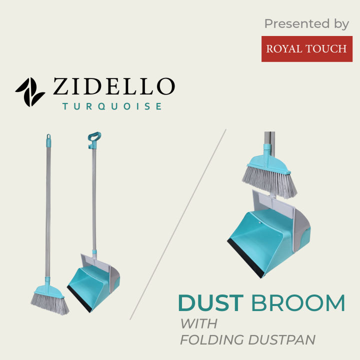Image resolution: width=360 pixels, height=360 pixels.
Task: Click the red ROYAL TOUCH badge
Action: click(306, 48)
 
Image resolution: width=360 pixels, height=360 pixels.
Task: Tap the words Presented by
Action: click(306, 23)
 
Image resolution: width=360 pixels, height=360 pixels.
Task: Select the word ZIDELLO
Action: click(113, 87)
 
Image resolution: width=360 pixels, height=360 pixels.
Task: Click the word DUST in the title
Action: click(210, 303)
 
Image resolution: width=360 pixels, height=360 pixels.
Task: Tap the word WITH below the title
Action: click(198, 323)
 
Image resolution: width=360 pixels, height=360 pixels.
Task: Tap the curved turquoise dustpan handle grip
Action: click(93, 137)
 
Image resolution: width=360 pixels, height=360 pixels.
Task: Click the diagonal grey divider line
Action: click(177, 225)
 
